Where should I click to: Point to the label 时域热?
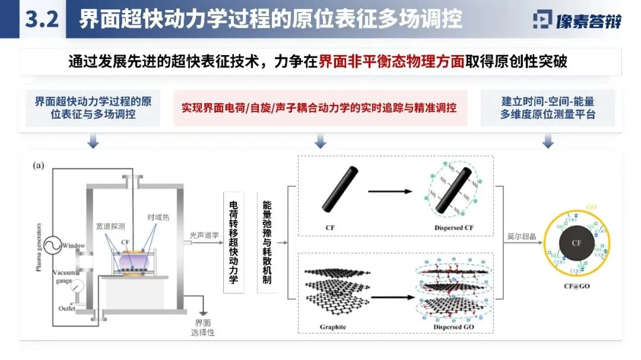tap(158, 218)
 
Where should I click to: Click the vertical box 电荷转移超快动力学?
tap(233, 242)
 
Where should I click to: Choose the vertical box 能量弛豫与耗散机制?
tap(267, 242)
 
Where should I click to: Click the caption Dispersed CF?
tap(453, 227)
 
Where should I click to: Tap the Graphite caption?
tap(333, 327)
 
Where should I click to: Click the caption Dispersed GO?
tap(453, 327)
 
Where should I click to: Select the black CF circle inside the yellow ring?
tap(576, 243)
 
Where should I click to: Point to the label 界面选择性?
tap(203, 327)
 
